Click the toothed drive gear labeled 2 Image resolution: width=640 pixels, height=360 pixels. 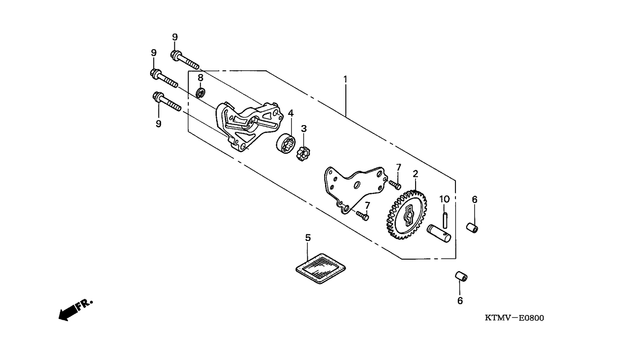pos(407,215)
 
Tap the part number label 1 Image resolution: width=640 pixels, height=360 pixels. pos(345,79)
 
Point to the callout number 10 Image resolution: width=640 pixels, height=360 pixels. pos(444,199)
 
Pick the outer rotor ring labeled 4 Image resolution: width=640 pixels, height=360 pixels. pos(284,142)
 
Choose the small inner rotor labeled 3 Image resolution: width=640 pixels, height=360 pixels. pos(304,152)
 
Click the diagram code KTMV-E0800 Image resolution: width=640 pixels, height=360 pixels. pos(514,318)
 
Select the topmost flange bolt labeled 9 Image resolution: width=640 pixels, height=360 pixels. pos(185,60)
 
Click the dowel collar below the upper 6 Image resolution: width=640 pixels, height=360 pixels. pos(472,228)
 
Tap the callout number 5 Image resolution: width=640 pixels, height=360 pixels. pos(308,238)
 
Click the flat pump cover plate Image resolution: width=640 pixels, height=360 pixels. pos(354,187)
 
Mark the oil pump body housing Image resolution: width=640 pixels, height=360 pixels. pos(248,124)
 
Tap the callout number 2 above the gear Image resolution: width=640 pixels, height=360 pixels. pos(415,174)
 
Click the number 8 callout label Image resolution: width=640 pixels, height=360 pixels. pos(200,77)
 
